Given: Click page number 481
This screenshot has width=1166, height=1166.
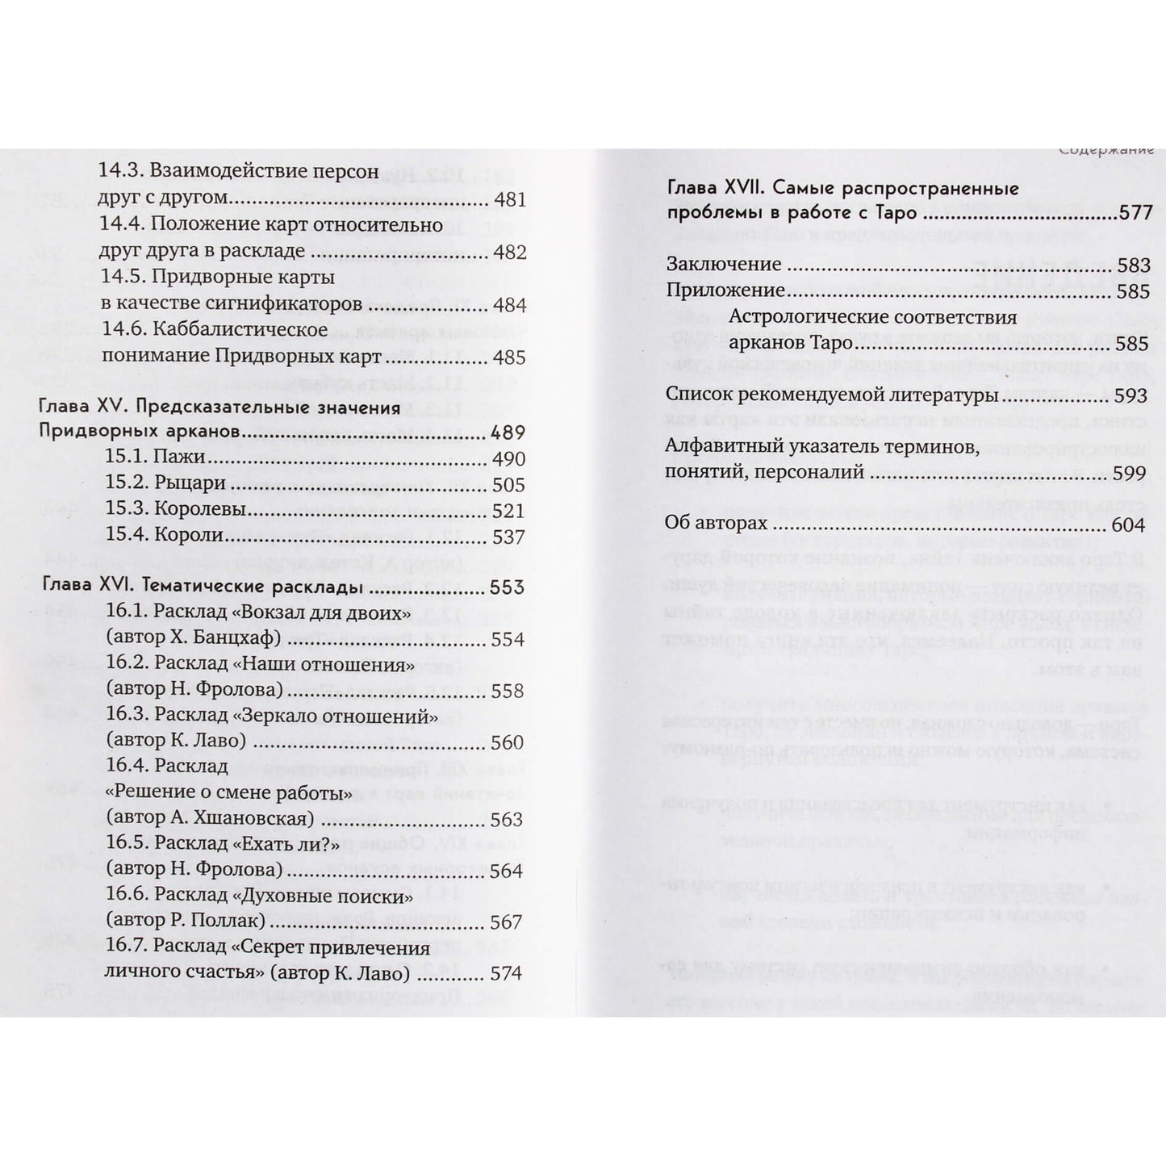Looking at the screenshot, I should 508,199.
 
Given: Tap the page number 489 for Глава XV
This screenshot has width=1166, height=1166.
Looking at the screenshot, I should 508,433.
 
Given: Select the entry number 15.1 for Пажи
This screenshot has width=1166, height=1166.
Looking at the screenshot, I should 124,458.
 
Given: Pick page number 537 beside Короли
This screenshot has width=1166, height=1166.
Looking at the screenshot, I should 508,537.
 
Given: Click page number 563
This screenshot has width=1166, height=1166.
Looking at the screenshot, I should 507,819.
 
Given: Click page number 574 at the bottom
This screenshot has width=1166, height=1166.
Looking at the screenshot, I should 507,973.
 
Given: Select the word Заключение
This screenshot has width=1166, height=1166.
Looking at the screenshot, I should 724,264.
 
